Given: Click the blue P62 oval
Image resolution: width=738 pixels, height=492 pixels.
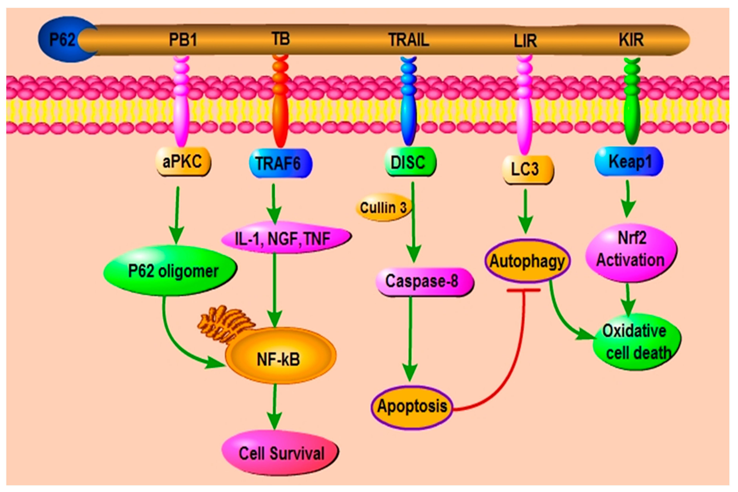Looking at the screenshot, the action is coord(63,39).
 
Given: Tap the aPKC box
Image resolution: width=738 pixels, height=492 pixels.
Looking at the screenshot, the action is coord(183,162).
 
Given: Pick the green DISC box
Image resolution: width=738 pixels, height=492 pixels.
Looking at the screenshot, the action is coord(410,162).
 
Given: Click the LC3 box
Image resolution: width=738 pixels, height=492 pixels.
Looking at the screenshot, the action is coord(528,169).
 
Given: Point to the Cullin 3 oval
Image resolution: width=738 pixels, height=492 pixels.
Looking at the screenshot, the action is coord(383,207).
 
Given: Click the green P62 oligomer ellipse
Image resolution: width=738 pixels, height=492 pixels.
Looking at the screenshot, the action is coord(170,271).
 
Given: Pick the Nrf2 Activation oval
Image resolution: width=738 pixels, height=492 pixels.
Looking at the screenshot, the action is coord(631,253).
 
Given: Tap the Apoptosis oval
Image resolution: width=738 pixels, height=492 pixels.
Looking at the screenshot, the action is coord(412,407).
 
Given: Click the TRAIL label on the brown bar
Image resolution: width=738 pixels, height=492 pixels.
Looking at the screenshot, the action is coord(409,40).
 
